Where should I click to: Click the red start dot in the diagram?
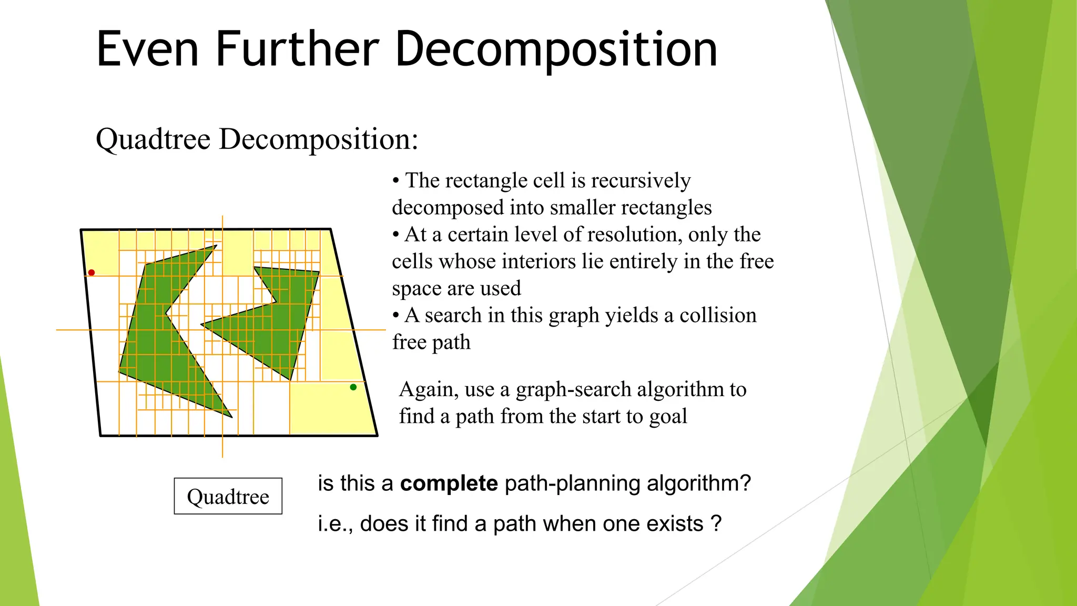point(92,272)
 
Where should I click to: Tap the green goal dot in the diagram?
point(353,387)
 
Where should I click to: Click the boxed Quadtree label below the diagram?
point(228,496)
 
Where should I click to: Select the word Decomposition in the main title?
point(556,49)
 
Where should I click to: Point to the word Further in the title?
point(297,49)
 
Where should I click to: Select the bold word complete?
point(449,483)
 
